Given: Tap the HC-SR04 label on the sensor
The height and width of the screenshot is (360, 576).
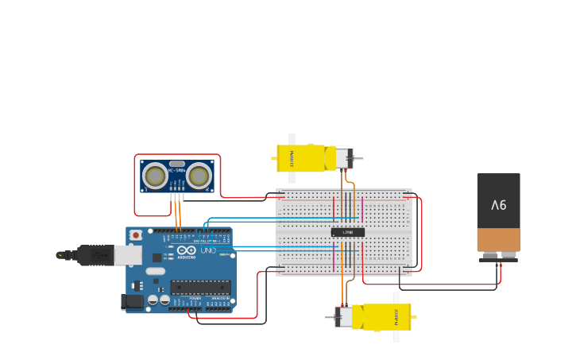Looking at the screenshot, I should click(x=177, y=170).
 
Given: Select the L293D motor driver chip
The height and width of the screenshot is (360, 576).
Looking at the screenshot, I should click(x=348, y=232).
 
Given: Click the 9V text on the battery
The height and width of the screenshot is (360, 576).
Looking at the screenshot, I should click(x=498, y=205).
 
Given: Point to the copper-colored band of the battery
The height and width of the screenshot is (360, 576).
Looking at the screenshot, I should click(x=498, y=239).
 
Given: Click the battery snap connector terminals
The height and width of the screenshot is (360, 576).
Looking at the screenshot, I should click(x=498, y=256).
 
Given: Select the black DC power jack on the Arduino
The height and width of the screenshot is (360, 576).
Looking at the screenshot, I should click(x=133, y=301).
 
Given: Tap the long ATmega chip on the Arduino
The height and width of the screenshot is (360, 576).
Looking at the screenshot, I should click(x=200, y=287).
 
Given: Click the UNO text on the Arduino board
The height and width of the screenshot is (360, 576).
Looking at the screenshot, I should click(x=207, y=250).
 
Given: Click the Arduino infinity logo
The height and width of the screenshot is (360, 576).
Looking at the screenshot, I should click(x=187, y=250).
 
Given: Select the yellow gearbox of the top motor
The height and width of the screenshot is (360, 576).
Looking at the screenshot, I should click(x=302, y=157).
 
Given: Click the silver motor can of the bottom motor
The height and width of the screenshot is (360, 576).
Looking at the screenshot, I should click(x=344, y=317).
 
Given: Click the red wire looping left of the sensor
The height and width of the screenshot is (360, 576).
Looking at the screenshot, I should click(x=135, y=191).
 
